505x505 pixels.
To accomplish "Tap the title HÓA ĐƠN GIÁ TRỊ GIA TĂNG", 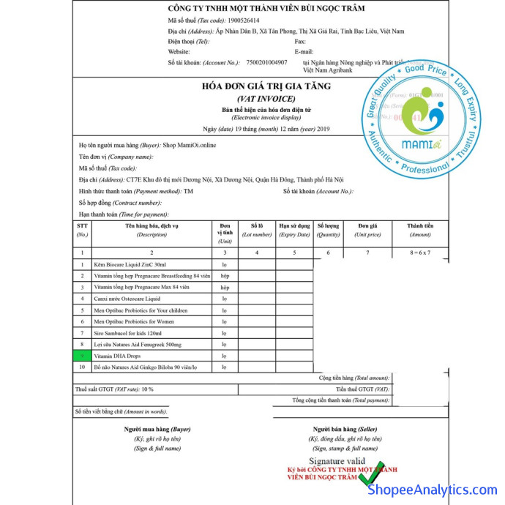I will [266, 86].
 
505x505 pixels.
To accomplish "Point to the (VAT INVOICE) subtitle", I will [266, 98].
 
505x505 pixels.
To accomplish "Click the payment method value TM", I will [188, 190].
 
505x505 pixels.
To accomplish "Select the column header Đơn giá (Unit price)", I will [369, 230].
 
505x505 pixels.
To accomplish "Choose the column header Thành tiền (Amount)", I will [420, 230].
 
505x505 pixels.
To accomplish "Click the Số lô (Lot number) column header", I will [256, 230].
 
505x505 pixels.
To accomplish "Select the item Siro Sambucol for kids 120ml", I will [128, 332].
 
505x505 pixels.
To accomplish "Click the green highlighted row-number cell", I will [82, 355].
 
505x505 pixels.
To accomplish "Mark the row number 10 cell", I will [82, 367].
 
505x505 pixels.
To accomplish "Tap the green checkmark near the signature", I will [375, 472].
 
